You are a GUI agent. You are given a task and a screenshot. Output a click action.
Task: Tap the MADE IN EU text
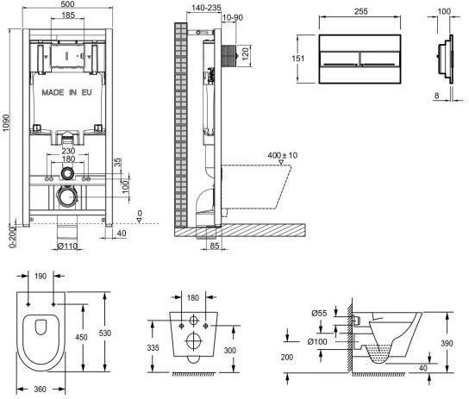66,92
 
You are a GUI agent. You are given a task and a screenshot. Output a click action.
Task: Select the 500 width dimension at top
67,4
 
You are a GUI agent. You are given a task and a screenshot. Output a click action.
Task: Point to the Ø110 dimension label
67,246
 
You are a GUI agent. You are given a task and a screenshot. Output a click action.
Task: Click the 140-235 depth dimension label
206,8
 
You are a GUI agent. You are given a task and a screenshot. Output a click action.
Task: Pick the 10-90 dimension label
233,17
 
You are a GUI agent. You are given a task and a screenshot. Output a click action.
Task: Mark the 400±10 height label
283,155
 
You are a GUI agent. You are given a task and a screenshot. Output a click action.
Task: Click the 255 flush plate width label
361,11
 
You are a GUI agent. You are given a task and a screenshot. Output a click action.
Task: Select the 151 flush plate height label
298,58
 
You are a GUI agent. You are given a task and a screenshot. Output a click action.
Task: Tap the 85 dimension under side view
215,246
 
